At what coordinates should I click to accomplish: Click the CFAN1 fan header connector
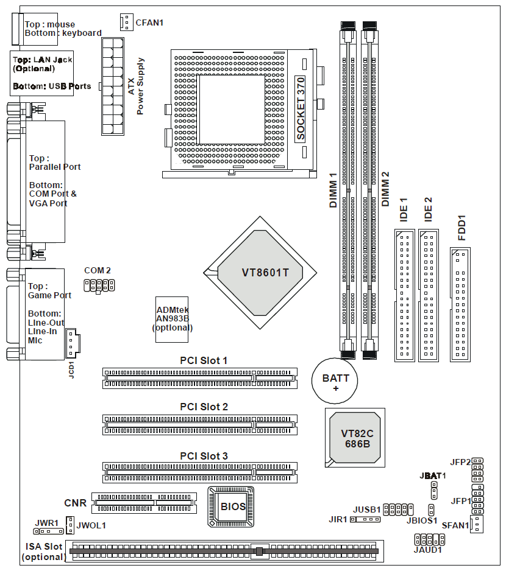point(126,22)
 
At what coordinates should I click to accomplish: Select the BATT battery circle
point(335,382)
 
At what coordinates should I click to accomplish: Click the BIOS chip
point(232,506)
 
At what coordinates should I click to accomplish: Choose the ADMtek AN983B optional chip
point(173,318)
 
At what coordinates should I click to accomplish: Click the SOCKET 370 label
point(300,110)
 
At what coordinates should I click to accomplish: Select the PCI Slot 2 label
point(204,407)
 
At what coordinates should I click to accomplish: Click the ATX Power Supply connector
point(113,86)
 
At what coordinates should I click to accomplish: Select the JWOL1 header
point(70,524)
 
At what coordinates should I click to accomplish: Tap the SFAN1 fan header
point(477,524)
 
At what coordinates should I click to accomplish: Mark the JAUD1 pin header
point(428,539)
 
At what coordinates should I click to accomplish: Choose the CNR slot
point(144,503)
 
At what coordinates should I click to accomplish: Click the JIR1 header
point(365,519)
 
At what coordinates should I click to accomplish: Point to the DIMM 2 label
point(385,189)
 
